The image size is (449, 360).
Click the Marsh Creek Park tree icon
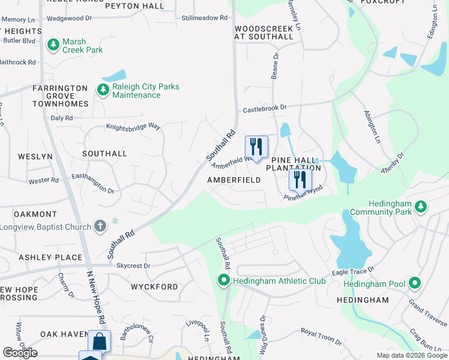(x=53, y=44)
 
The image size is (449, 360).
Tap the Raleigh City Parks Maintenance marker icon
(x=103, y=89)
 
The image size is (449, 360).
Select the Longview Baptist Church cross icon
(x=100, y=226)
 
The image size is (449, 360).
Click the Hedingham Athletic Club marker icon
(x=223, y=280)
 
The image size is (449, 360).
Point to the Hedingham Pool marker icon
(x=414, y=283)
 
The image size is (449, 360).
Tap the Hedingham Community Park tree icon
(x=422, y=206)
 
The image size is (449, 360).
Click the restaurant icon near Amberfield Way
(x=256, y=146)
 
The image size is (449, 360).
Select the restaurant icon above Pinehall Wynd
(x=300, y=179)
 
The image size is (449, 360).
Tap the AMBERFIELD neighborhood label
(x=234, y=180)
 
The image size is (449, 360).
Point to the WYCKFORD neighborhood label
(x=155, y=287)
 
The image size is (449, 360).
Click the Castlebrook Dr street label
(x=265, y=109)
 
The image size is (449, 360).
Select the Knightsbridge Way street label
(x=133, y=127)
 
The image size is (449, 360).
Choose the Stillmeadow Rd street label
(x=205, y=18)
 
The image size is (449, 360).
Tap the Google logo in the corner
(x=20, y=353)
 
